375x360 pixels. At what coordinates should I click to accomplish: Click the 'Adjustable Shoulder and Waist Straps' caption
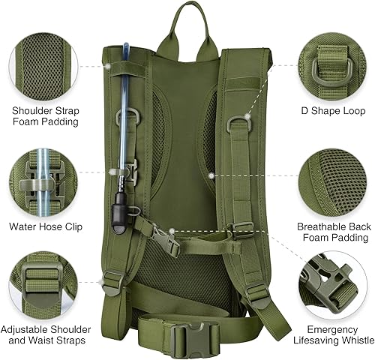pos(46,334)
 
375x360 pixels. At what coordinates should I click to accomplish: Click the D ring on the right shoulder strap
pos(239,119)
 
